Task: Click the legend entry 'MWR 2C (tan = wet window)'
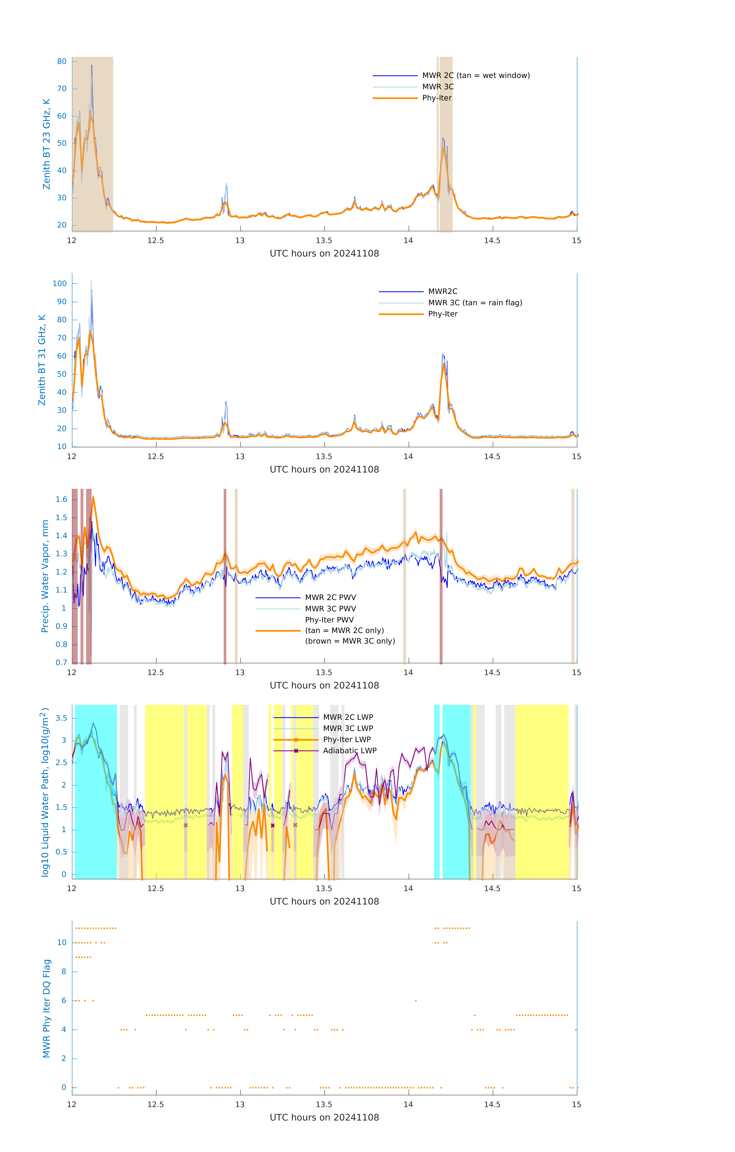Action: coord(475,76)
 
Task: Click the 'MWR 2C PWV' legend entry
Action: coord(330,598)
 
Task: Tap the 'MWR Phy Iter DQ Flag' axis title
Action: coord(47,1008)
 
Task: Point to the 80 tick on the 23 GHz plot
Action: coord(62,62)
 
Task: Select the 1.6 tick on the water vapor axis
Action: coord(61,499)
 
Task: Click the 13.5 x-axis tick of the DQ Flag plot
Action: coord(324,1105)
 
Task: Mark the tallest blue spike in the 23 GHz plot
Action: coord(92,65)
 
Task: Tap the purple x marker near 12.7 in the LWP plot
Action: coord(186,825)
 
